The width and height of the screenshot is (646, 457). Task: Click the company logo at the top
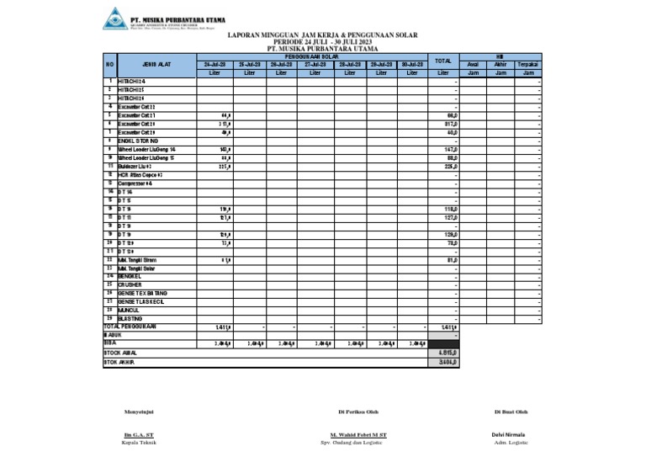[114, 18]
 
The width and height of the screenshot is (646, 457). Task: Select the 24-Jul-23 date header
[214, 64]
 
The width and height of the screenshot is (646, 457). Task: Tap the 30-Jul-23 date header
[411, 64]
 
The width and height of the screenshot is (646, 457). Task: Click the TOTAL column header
[443, 61]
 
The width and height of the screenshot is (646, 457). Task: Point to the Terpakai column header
[528, 64]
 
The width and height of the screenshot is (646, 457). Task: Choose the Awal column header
[473, 64]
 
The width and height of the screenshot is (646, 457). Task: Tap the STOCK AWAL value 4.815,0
[448, 353]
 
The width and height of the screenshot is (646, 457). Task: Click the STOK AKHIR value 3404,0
[449, 363]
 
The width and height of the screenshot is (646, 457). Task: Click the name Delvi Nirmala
[510, 434]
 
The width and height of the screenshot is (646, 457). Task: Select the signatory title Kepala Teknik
[138, 442]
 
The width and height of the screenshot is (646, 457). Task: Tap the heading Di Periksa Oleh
[357, 412]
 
